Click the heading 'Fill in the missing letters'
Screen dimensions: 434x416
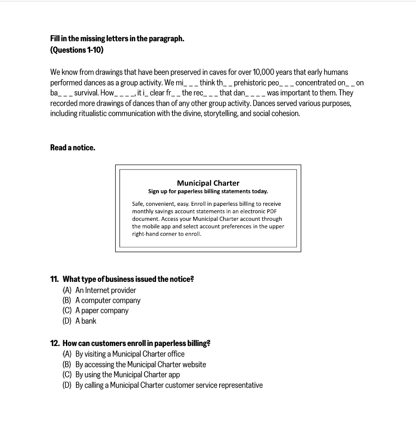tap(117, 38)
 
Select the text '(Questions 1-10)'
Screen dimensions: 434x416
tap(77, 49)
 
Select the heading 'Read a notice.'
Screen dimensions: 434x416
tap(73, 148)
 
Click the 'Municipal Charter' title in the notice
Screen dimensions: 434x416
tap(208, 183)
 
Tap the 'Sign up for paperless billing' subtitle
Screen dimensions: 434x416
tap(208, 191)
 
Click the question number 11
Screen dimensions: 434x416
tap(54, 279)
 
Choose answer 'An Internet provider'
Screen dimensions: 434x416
tap(105, 290)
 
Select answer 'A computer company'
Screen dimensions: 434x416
tap(108, 301)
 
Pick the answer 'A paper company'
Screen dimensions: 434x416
tap(102, 311)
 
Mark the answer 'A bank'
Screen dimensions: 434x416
tap(86, 321)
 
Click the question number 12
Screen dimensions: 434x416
tap(55, 343)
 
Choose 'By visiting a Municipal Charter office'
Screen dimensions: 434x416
tap(130, 354)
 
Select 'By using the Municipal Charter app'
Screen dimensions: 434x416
tap(127, 374)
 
